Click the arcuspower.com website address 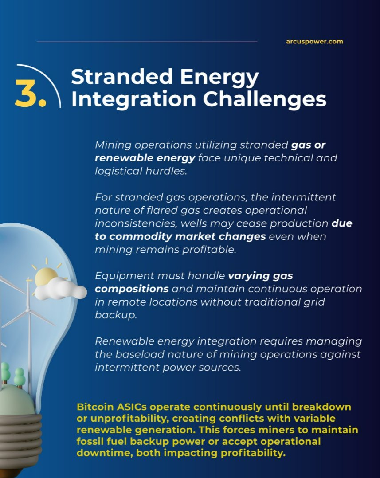314,42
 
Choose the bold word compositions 132,289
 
